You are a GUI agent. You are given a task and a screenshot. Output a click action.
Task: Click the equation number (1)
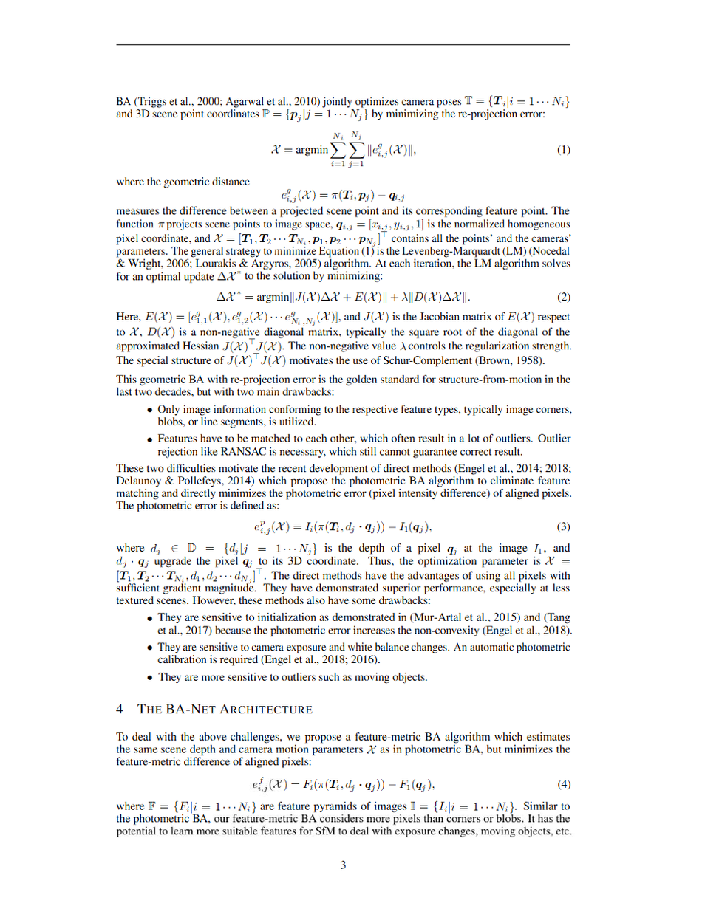pos(563,150)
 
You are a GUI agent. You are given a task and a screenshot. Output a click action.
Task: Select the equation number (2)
pos(563,298)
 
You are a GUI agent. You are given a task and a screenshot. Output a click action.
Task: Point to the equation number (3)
pos(563,527)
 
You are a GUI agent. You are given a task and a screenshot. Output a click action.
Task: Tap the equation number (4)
pos(563,783)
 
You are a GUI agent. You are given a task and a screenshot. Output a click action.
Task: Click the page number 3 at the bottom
pos(344,866)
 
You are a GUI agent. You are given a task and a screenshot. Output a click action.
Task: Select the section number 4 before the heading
pos(120,710)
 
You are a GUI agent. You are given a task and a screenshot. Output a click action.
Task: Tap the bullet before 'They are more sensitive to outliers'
pos(150,677)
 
